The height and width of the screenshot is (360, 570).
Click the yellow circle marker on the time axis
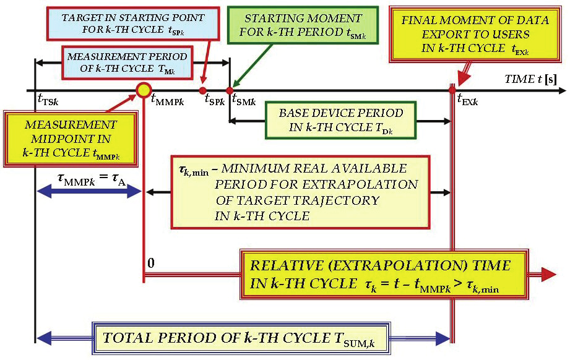point(144,91)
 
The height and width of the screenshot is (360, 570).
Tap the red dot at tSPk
point(202,91)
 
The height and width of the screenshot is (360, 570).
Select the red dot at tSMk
point(230,91)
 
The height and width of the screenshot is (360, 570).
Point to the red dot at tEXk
point(452,91)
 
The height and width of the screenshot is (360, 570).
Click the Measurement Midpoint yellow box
point(71,137)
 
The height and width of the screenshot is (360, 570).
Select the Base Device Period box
point(341,120)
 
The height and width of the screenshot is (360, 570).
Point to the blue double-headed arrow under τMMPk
point(90,192)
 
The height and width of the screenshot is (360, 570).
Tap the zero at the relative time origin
point(150,264)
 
